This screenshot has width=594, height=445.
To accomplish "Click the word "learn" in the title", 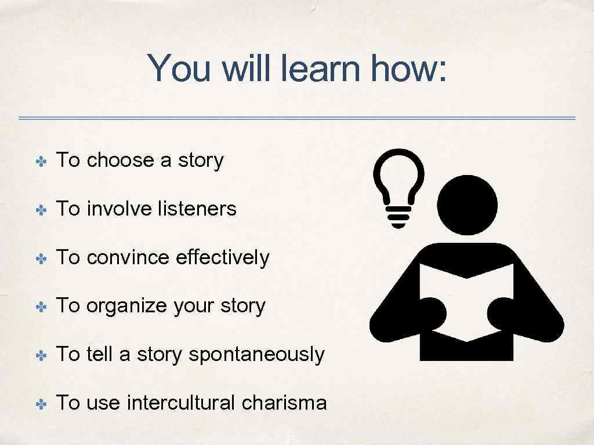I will point(322,68).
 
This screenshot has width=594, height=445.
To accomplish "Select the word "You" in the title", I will point(181,68).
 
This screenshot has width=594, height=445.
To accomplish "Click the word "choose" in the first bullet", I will point(120,161).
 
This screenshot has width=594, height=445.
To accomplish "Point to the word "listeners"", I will point(197,209).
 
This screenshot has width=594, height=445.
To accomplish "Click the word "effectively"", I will point(222,257).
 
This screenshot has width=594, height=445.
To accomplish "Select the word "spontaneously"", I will point(256,354).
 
